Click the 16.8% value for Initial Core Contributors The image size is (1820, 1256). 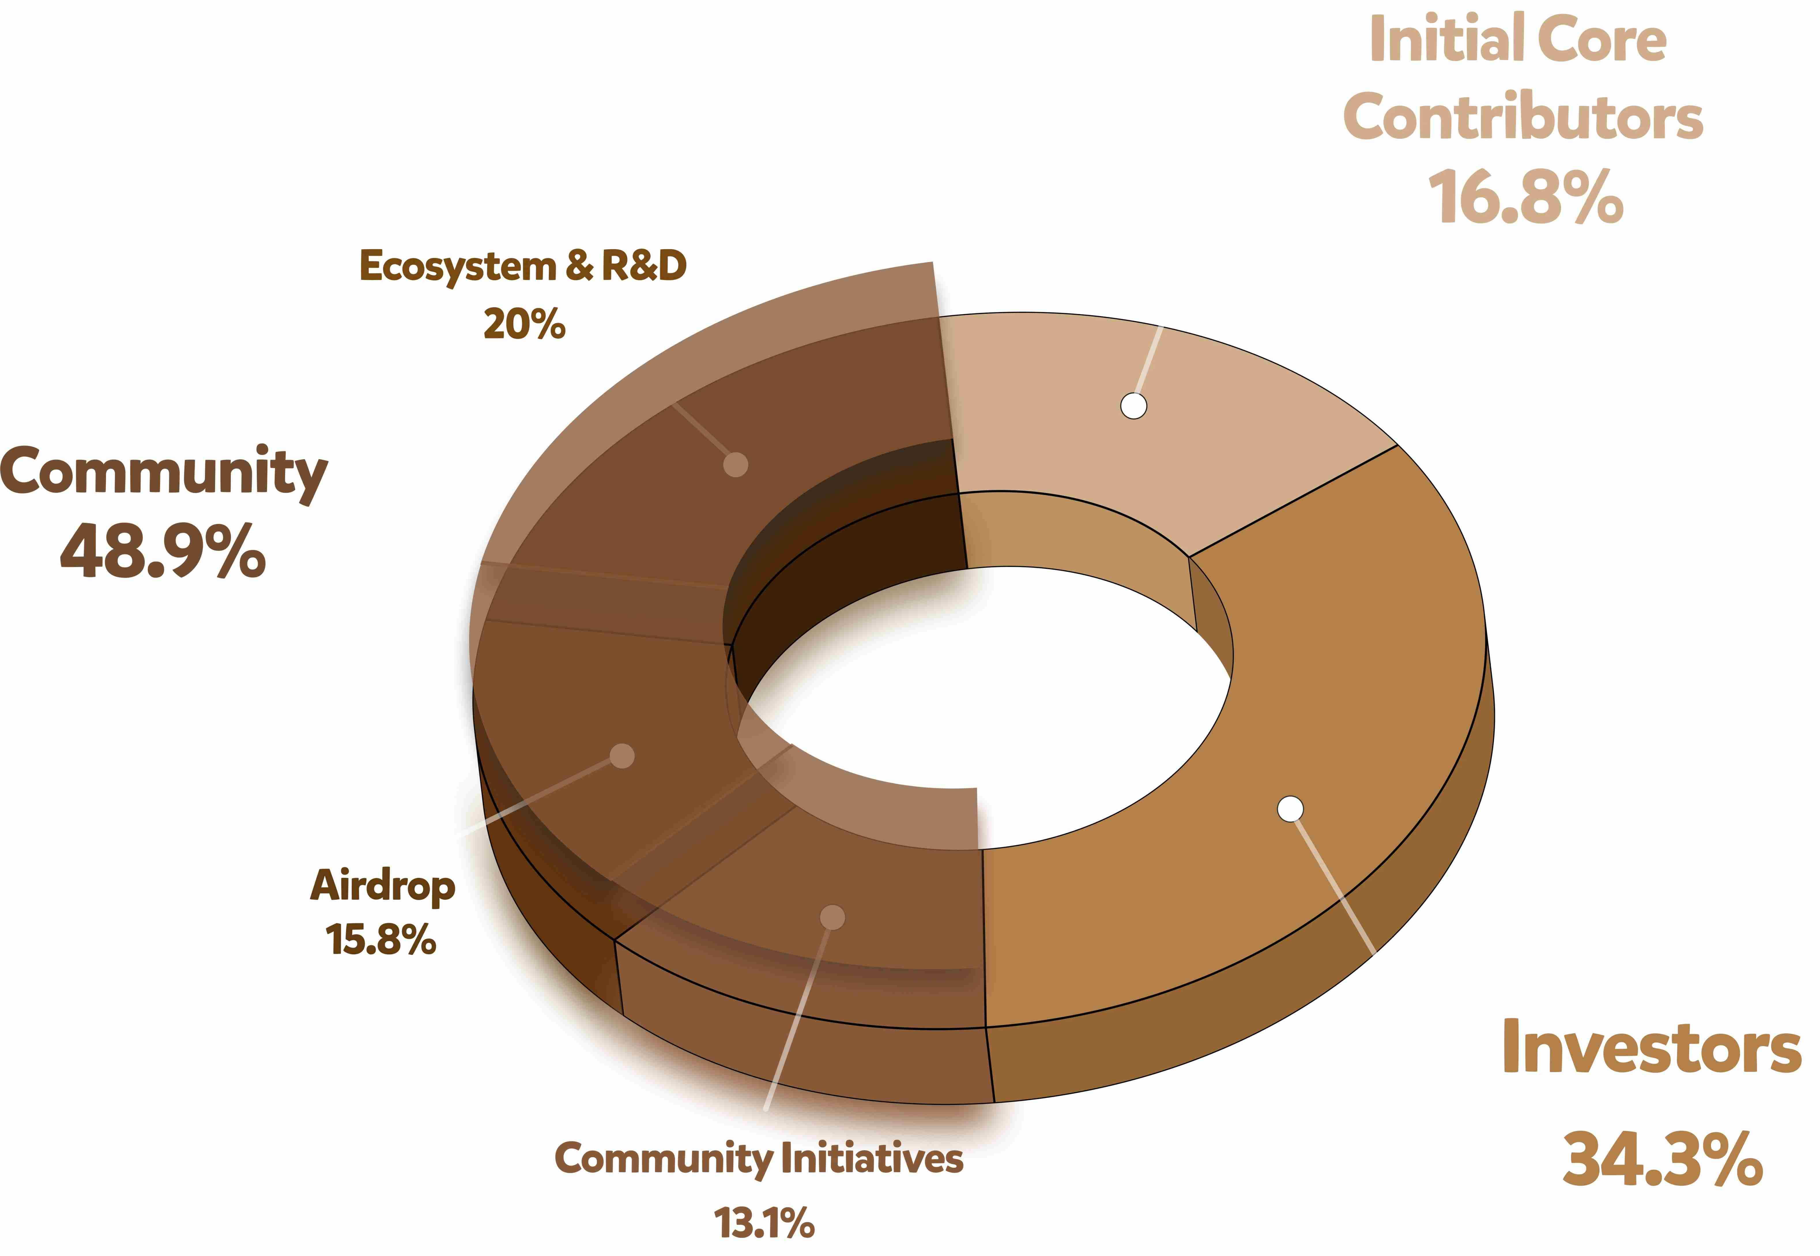(x=1526, y=197)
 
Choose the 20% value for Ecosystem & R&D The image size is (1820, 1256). (x=524, y=324)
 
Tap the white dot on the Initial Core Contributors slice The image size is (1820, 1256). (x=1133, y=406)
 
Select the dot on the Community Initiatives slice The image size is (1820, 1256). (x=832, y=917)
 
